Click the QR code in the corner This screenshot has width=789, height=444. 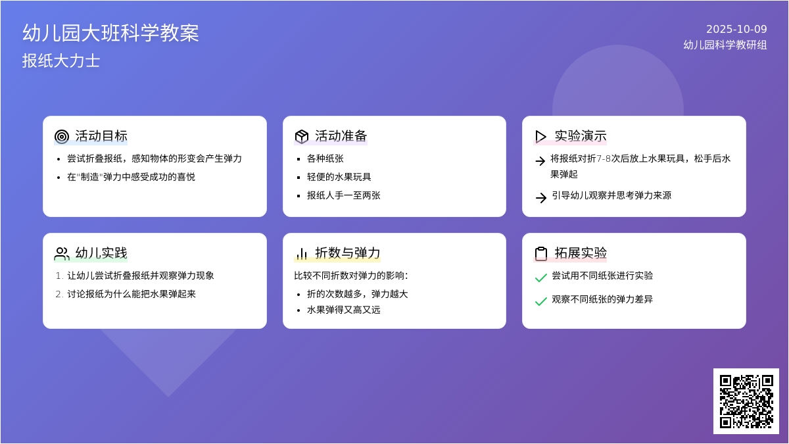click(x=746, y=401)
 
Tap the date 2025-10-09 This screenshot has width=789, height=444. click(x=736, y=29)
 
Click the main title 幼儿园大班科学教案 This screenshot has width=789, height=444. click(x=110, y=33)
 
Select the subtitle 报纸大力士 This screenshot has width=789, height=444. click(x=61, y=61)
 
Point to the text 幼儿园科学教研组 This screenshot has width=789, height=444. click(x=725, y=45)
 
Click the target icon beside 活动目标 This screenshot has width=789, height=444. click(x=62, y=136)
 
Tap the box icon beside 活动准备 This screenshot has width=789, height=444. click(x=302, y=136)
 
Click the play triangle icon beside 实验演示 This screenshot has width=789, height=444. click(x=540, y=136)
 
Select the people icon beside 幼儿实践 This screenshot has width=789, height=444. click(x=62, y=253)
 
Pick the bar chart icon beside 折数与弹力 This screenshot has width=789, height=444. click(x=302, y=253)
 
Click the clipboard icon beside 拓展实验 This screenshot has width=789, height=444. click(x=540, y=253)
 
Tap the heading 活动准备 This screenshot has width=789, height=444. click(x=341, y=136)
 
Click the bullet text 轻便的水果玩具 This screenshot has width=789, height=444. click(x=339, y=177)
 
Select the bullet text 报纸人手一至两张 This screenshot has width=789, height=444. click(x=344, y=195)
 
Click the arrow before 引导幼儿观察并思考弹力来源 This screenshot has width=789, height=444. click(x=540, y=197)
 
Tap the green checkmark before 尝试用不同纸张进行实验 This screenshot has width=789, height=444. click(x=540, y=278)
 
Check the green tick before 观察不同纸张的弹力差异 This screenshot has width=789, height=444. click(x=540, y=301)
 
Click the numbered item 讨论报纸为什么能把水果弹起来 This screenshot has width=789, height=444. click(x=131, y=294)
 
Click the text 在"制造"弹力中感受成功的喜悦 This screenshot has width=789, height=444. click(x=131, y=177)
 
